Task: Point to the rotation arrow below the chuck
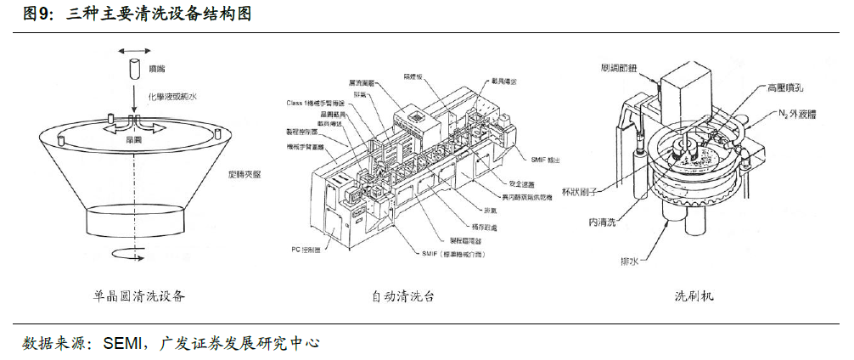tap(133, 250)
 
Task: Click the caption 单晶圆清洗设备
tap(139, 296)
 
